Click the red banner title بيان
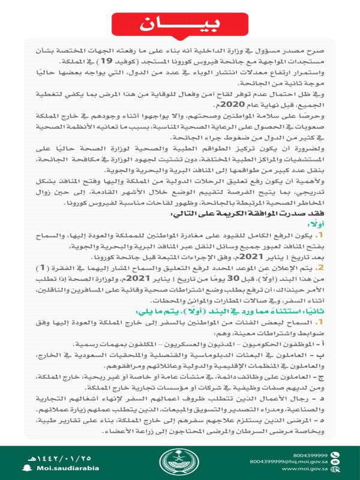tap(179, 25)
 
